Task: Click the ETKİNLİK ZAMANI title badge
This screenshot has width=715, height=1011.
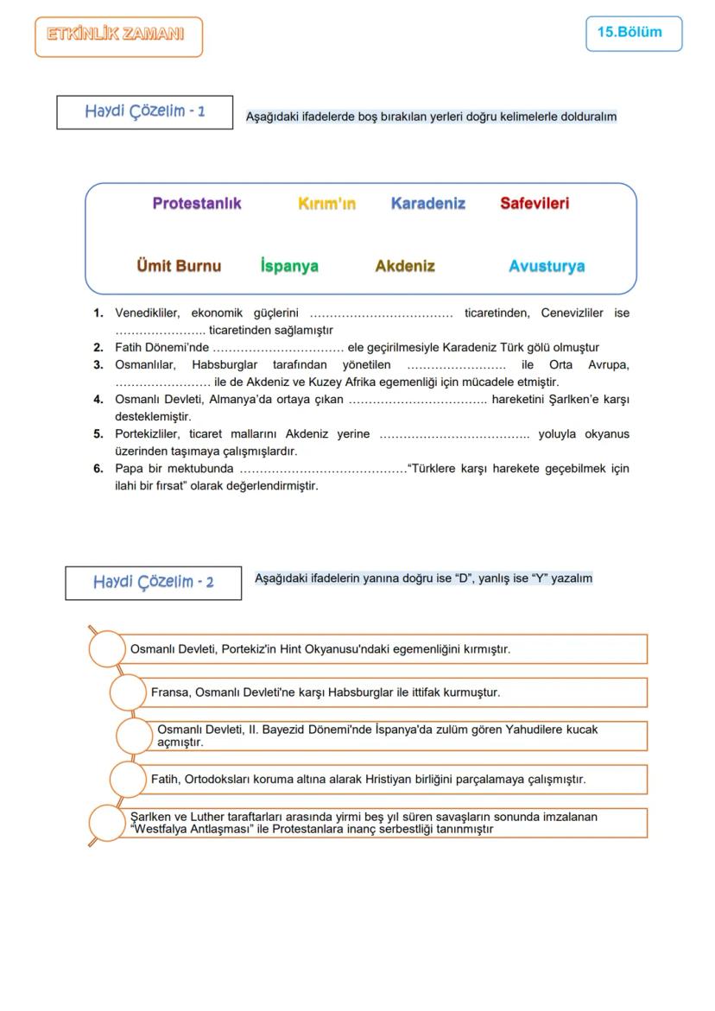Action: click(118, 36)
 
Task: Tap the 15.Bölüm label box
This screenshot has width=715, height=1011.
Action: click(633, 33)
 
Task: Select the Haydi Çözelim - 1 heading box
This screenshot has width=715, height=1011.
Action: click(145, 112)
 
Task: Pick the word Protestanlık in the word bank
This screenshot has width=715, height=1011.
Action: click(197, 204)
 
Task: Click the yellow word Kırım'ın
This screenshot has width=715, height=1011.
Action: click(326, 204)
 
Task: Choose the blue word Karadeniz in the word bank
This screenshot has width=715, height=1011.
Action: click(427, 204)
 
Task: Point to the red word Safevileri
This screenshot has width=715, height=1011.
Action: click(535, 204)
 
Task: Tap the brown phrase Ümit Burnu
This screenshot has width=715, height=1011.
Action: click(179, 266)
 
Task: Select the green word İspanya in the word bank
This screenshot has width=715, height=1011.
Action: click(289, 266)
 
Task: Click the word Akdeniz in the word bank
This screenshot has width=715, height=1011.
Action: click(405, 266)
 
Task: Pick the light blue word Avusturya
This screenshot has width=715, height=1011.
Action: click(547, 266)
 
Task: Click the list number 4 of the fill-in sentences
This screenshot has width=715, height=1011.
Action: click(98, 400)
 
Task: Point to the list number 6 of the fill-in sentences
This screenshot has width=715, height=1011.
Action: click(98, 469)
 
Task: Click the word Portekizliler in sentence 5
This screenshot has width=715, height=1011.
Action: click(149, 434)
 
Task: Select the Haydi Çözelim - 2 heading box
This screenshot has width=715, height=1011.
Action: click(153, 582)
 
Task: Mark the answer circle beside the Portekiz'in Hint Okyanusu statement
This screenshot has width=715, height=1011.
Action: click(108, 648)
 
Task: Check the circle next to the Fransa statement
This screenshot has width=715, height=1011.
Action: click(129, 692)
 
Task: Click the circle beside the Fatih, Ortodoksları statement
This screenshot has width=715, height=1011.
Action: click(129, 779)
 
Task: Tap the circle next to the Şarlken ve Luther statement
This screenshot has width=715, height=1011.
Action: click(108, 823)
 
